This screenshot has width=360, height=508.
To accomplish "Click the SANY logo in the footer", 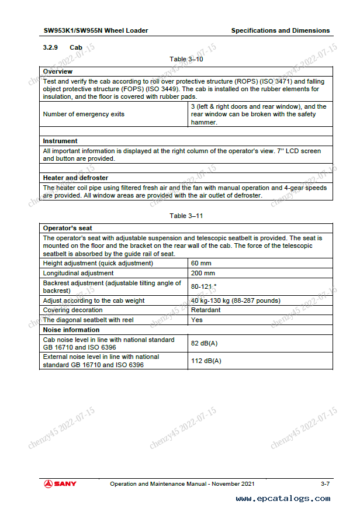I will [x=60, y=483].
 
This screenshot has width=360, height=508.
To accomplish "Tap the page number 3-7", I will [x=325, y=483].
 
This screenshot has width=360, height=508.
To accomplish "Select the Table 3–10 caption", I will [x=186, y=59].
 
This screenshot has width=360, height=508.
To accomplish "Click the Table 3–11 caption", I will [x=186, y=216].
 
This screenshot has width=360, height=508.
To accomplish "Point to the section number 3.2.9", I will [x=50, y=47].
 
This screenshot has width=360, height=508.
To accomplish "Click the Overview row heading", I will [x=58, y=71].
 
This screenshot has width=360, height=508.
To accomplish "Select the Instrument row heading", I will [x=60, y=141].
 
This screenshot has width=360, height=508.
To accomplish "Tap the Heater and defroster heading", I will [x=75, y=178].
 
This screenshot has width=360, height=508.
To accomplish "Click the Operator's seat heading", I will [x=68, y=228].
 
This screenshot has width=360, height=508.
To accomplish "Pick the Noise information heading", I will [x=71, y=330].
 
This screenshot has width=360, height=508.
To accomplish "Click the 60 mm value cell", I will [x=202, y=263].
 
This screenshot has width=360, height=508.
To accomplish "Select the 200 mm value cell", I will [x=204, y=273].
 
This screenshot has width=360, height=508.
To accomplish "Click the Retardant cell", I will [x=206, y=310].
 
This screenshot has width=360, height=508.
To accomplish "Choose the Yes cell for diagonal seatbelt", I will [x=197, y=320].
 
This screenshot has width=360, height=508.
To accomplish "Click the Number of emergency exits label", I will [x=84, y=114].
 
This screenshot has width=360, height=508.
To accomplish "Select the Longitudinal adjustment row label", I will [x=78, y=273].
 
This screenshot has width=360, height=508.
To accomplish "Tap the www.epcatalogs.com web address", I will [x=283, y=499].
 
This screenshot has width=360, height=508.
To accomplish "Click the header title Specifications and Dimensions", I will [x=281, y=30].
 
